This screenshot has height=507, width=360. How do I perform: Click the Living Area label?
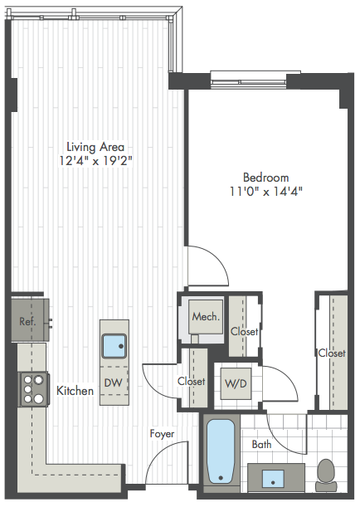coord(95,147)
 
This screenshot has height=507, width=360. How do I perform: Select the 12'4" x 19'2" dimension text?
coord(95,161)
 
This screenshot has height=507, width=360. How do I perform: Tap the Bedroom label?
coord(266,178)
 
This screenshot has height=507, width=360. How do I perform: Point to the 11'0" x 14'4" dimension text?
coord(266,192)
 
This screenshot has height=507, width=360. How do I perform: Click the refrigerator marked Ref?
coord(30,319)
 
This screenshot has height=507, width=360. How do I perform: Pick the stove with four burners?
coord(34,389)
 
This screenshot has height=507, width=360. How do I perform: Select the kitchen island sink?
coord(114,346)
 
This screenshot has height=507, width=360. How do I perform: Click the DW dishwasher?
coord(114,383)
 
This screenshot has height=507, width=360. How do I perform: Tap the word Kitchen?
coord(75,391)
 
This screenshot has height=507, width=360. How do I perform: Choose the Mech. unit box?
coord(206,317)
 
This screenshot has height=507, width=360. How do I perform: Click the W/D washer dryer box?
coord(236,383)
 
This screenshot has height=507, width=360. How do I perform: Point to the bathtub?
coord(221,451)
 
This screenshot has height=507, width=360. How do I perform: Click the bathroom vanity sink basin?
coord(273,479)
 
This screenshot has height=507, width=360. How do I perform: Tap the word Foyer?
coord(163,434)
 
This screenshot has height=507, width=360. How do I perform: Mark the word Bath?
coord(261,444)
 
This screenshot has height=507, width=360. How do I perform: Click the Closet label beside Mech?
coord(245,331)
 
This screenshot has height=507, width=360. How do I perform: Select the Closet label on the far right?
coord(332,353)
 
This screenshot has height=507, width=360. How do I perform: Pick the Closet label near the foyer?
coord(192,381)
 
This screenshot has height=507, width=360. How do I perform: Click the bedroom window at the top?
coord(249,80)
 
